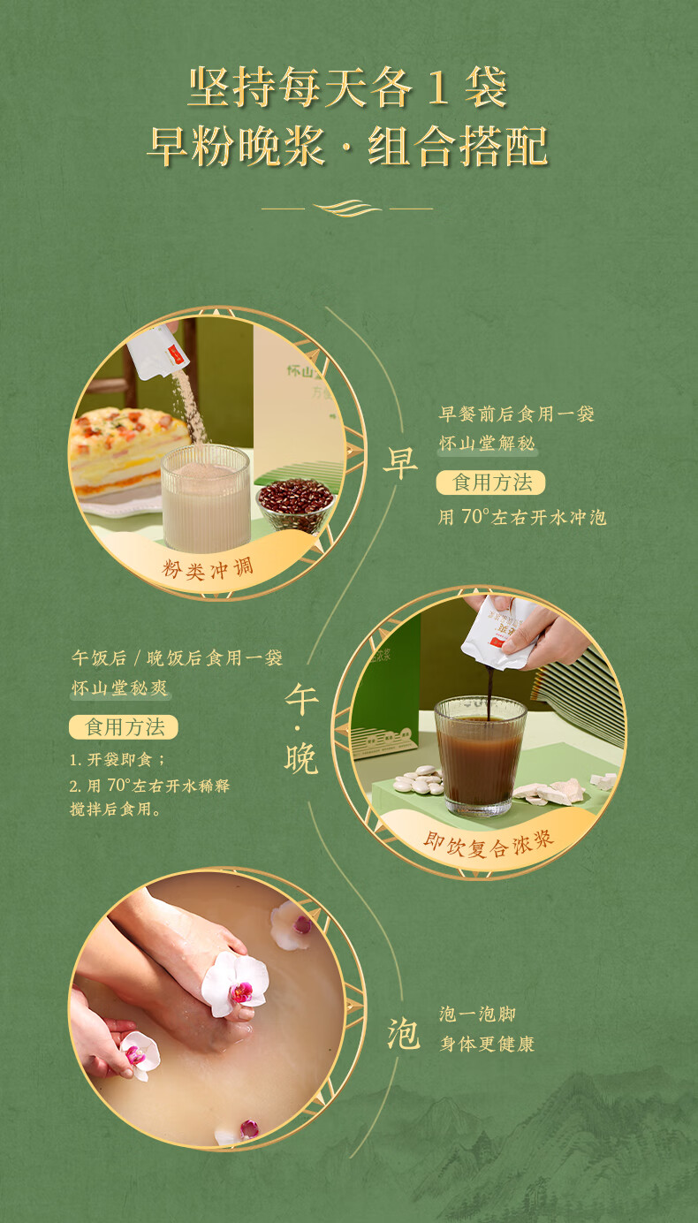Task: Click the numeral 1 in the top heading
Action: [x=437, y=87]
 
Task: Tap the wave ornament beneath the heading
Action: [x=347, y=208]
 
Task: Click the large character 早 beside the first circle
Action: [x=400, y=464]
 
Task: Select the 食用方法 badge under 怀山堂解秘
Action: [x=490, y=482]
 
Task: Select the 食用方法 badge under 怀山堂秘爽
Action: [x=124, y=727]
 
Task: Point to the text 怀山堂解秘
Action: [x=487, y=443]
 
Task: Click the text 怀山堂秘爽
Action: [x=119, y=687]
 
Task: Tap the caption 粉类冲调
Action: [x=208, y=569]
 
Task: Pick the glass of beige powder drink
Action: [x=205, y=498]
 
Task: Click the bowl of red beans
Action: [x=295, y=504]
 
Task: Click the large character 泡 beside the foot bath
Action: [x=404, y=1034]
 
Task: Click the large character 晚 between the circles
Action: [x=300, y=758]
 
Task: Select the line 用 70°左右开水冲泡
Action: [x=522, y=517]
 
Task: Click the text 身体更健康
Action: [x=487, y=1044]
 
